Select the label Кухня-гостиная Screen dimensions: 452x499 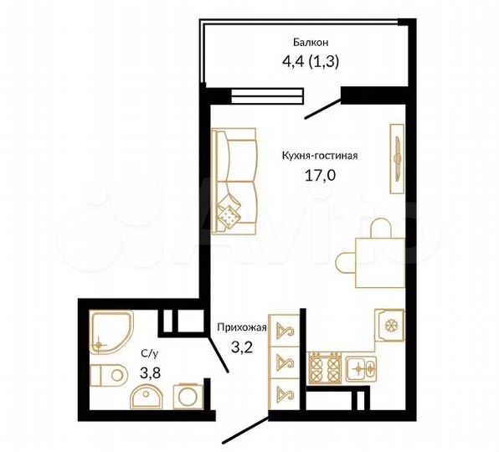pos(321,155)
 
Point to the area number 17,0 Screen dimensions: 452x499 pos(321,176)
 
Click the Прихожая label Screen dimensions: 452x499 pos(241,327)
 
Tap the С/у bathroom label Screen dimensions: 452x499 pos(145,354)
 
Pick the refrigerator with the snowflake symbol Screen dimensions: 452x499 pos(389,326)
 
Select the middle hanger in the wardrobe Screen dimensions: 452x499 pos(284,363)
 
